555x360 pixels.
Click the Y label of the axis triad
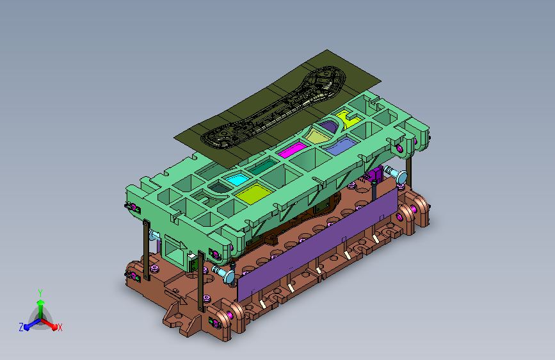(40, 293)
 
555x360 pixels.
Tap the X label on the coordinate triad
(60, 328)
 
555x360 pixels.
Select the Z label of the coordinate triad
(21, 327)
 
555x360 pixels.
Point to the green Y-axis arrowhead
(41, 302)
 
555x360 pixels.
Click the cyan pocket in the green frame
(237, 179)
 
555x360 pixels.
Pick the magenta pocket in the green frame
(292, 150)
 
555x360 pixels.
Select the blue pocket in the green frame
(341, 145)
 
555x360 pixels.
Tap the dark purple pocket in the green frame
(328, 126)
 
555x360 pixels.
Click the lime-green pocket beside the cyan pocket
(253, 194)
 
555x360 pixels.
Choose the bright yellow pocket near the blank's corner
(349, 119)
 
